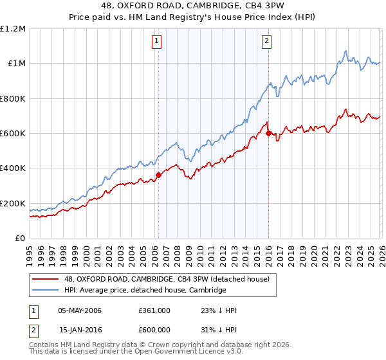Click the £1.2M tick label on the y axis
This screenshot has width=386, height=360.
click(x=13, y=29)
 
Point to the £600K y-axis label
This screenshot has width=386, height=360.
click(x=13, y=134)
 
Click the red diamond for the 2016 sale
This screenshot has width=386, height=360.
click(x=268, y=134)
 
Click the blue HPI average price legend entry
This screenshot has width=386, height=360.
click(x=145, y=290)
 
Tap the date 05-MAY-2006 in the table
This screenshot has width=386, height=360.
click(x=80, y=310)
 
